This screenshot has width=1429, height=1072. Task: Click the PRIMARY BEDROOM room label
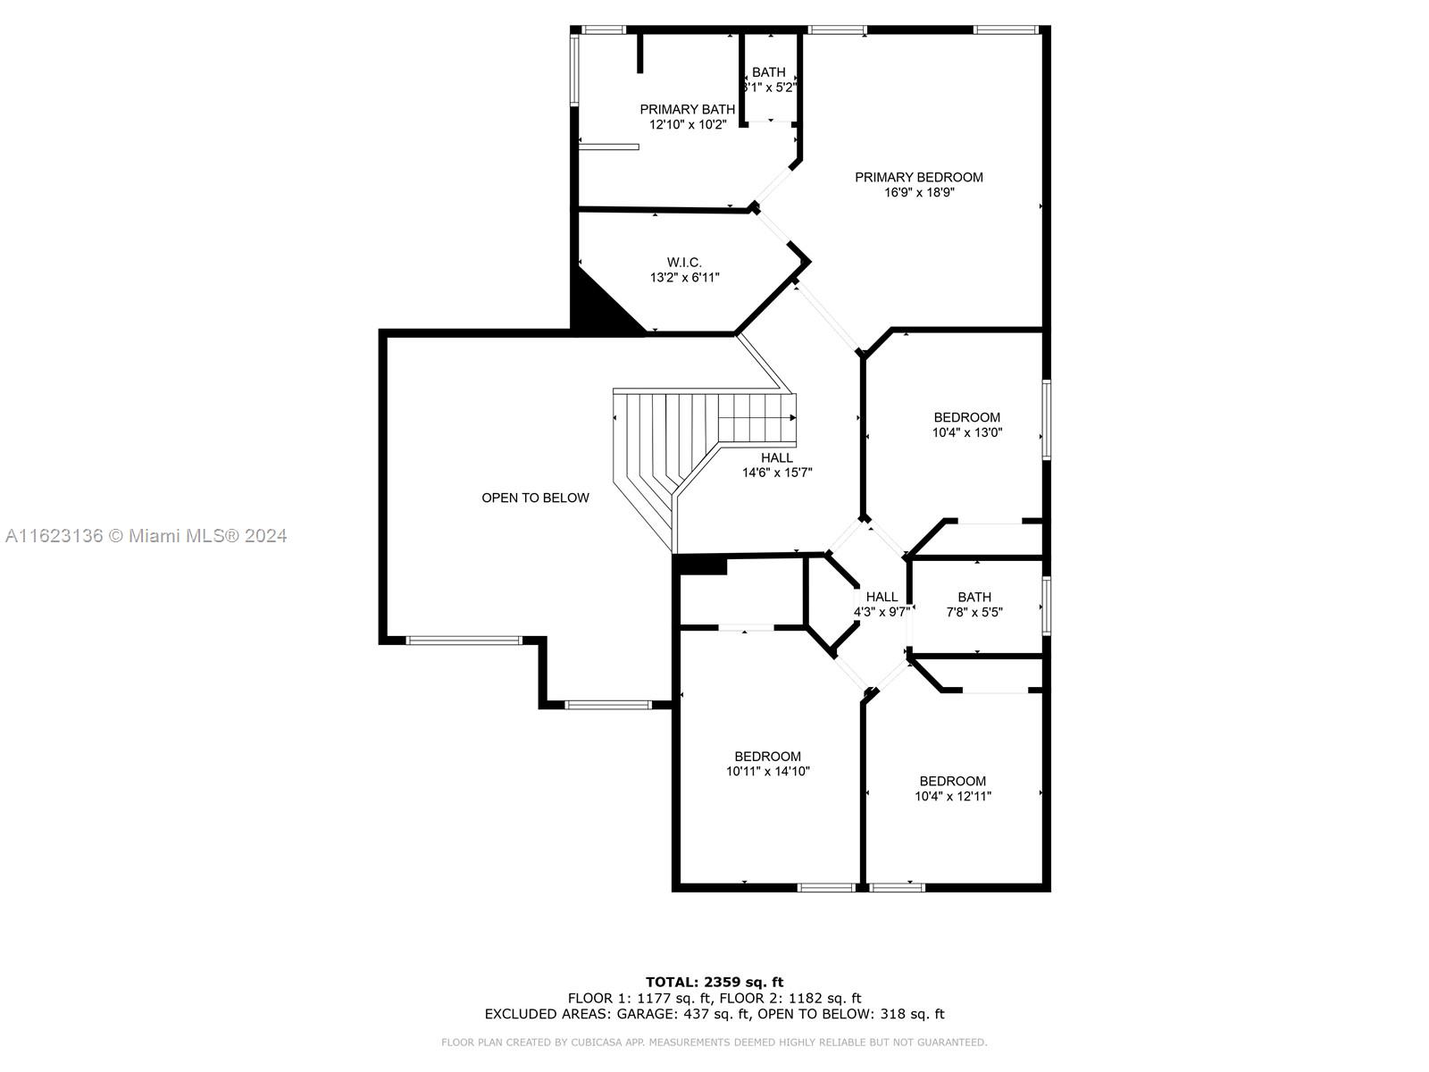(x=919, y=177)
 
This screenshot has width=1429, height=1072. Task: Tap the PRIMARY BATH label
(x=687, y=109)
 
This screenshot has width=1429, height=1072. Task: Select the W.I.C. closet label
(x=684, y=263)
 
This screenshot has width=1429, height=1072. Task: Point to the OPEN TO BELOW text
(x=535, y=498)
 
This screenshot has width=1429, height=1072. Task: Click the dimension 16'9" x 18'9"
(x=919, y=193)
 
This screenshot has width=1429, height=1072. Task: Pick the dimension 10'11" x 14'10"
(x=767, y=771)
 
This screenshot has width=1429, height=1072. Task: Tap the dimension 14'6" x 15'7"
(x=777, y=473)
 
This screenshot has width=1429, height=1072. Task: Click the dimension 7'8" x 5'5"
(x=974, y=612)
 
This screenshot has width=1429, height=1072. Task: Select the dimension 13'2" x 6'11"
(x=684, y=278)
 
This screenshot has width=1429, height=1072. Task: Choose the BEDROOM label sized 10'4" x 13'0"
(x=966, y=417)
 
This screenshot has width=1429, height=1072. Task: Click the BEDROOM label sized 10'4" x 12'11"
(x=952, y=781)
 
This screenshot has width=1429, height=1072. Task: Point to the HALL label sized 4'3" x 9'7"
(x=882, y=597)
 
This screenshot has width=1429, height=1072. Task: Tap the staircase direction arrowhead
(x=793, y=418)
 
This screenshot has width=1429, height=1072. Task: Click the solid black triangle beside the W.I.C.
(x=596, y=309)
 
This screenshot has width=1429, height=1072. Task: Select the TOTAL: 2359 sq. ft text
(x=714, y=982)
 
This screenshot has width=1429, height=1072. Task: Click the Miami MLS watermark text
(x=146, y=536)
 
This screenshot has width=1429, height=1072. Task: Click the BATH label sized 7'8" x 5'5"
(x=974, y=597)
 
